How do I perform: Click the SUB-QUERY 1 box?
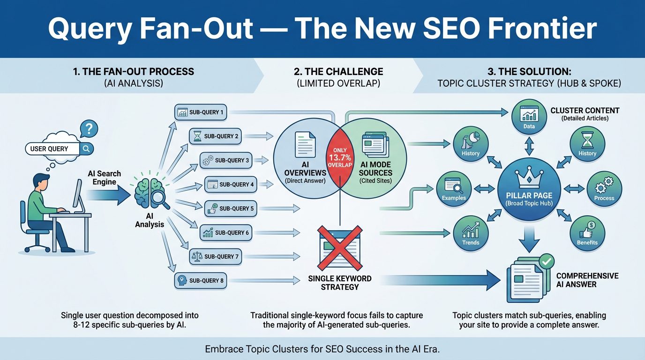pyautogui.click(x=201, y=112)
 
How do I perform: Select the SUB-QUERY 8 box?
pyautogui.click(x=201, y=280)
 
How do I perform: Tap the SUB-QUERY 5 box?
pyautogui.click(x=230, y=209)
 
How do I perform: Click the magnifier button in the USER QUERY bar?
pyautogui.click(x=86, y=149)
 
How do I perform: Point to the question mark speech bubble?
pyautogui.click(x=89, y=128)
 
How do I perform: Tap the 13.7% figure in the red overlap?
pyautogui.click(x=340, y=157)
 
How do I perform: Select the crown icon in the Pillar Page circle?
pyautogui.click(x=529, y=177)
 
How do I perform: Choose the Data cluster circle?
pyautogui.click(x=529, y=117)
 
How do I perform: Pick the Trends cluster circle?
pyautogui.click(x=471, y=233)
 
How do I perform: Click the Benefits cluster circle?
pyautogui.click(x=587, y=233)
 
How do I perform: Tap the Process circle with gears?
pyautogui.click(x=604, y=188)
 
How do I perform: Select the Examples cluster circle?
pyautogui.click(x=454, y=188)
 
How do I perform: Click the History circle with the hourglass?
pyautogui.click(x=587, y=144)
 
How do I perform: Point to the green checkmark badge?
pyautogui.click(x=546, y=261)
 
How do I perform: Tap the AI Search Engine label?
pyautogui.click(x=104, y=178)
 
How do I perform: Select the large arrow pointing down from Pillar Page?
pyautogui.click(x=529, y=240)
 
